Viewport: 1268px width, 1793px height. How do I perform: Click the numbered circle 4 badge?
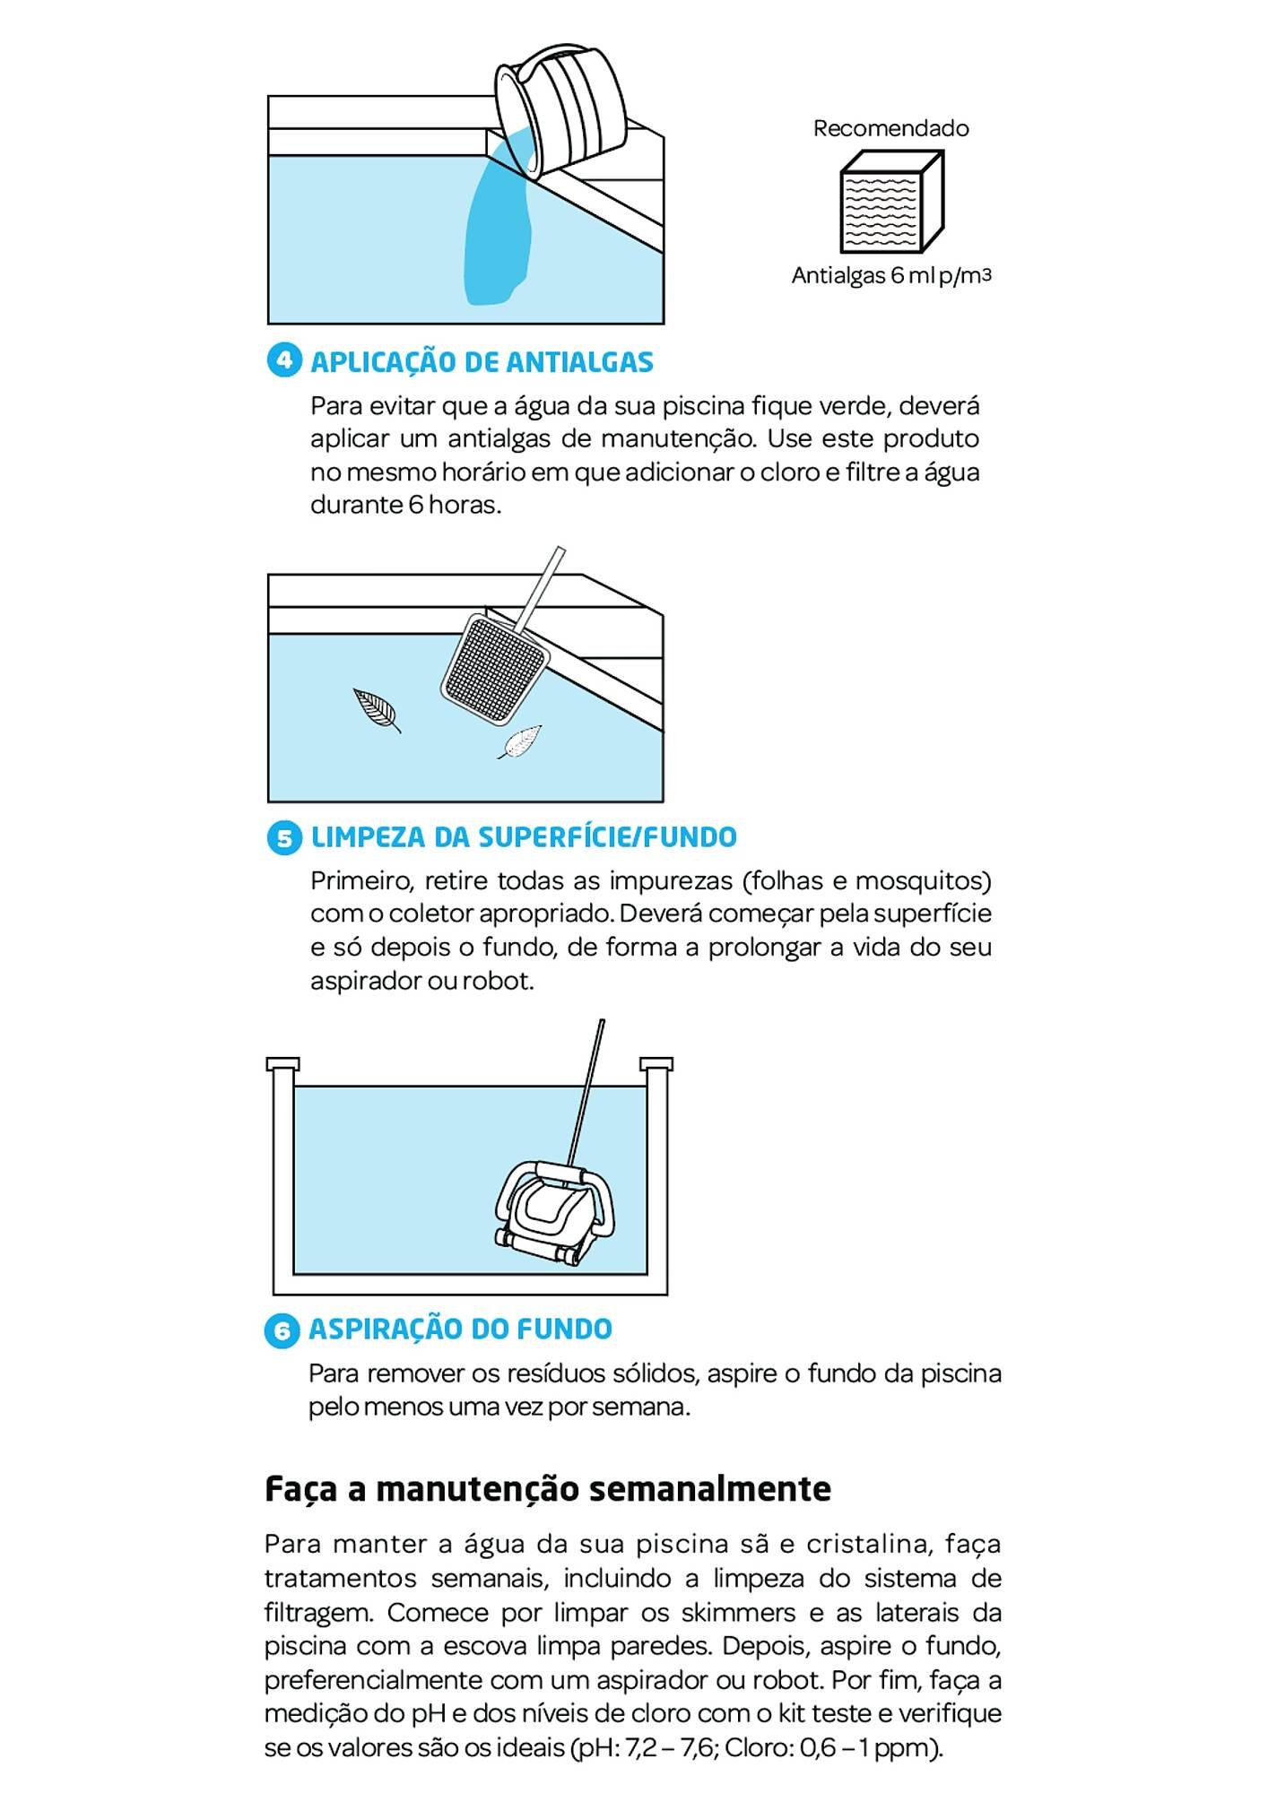pyautogui.click(x=285, y=361)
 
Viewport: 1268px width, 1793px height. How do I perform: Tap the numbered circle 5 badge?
pyautogui.click(x=285, y=837)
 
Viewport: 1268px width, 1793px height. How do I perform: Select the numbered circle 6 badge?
pyautogui.click(x=282, y=1330)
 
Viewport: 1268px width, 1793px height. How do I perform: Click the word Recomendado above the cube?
pyautogui.click(x=890, y=128)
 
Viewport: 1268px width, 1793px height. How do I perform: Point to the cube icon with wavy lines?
pyautogui.click(x=890, y=202)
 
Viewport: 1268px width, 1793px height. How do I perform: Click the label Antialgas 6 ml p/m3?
pyautogui.click(x=890, y=276)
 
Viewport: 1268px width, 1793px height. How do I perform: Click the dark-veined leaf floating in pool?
pyautogui.click(x=377, y=710)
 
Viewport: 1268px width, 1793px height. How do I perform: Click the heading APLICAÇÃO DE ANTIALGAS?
pyautogui.click(x=482, y=362)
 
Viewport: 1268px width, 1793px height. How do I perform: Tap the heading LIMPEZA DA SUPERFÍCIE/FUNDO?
pyautogui.click(x=524, y=837)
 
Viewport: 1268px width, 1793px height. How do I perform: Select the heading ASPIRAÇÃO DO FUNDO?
pyautogui.click(x=460, y=1330)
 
